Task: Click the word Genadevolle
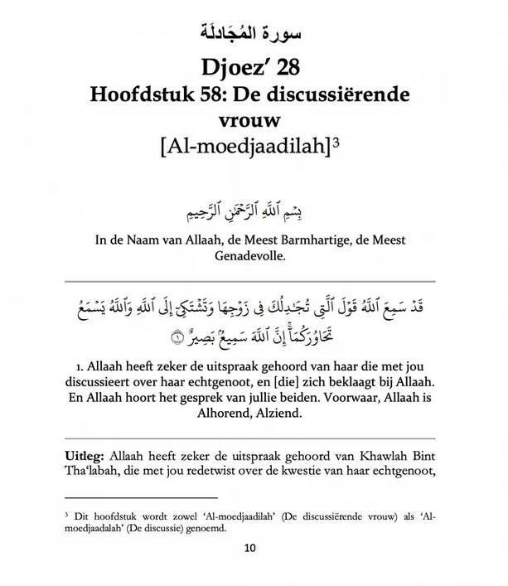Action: coord(254,258)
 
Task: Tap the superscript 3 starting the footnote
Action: coord(66,514)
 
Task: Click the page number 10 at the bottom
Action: coord(253,549)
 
